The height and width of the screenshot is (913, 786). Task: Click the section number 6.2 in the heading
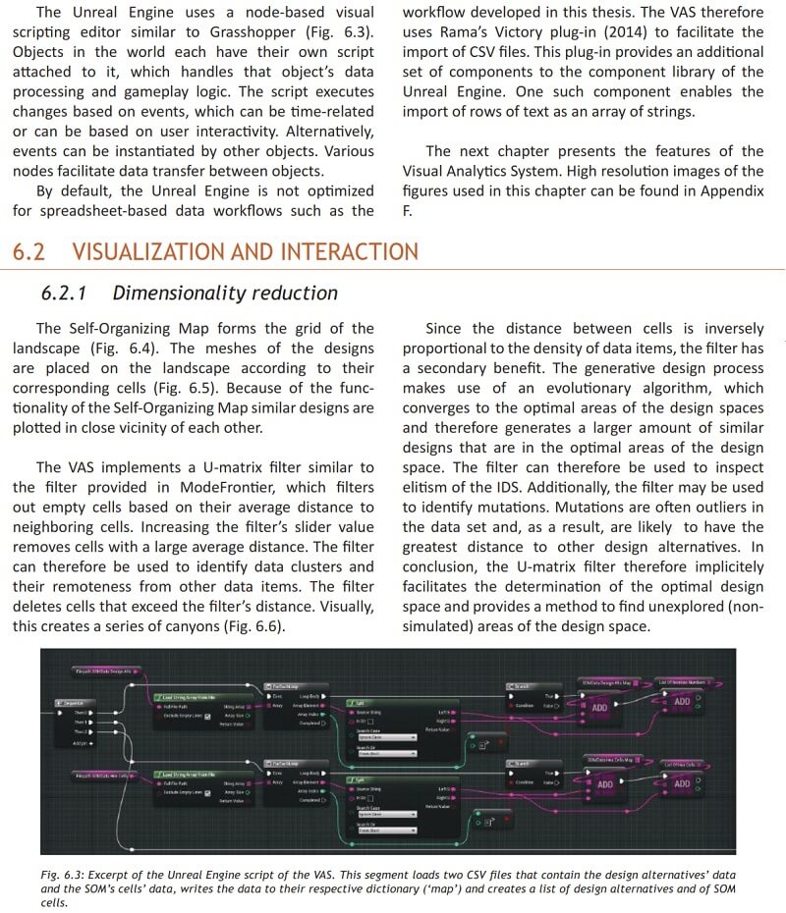[28, 251]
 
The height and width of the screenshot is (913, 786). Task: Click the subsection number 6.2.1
[66, 293]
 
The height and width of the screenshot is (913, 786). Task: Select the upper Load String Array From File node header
[193, 695]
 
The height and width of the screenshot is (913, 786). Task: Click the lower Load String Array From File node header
[193, 775]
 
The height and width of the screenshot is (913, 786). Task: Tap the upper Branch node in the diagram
[520, 685]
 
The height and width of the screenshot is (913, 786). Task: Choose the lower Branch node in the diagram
[520, 763]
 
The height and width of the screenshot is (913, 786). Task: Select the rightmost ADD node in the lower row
[682, 783]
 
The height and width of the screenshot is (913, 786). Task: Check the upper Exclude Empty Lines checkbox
[207, 716]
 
